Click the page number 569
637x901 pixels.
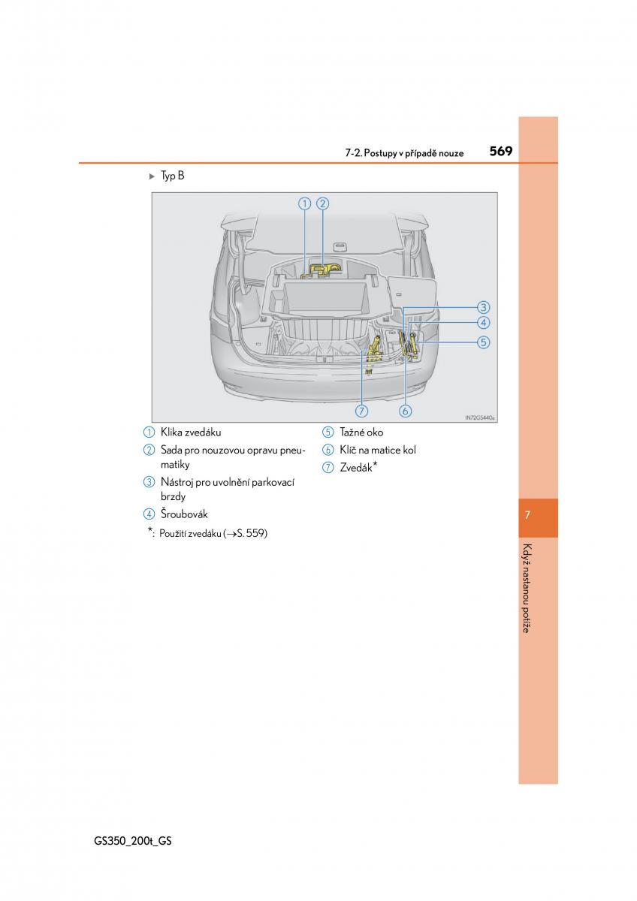[500, 151]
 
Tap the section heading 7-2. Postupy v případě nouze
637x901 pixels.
[404, 153]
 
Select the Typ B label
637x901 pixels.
[172, 176]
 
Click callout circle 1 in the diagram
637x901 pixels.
[304, 203]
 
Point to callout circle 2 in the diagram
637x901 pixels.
[322, 203]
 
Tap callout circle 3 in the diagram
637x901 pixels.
[483, 307]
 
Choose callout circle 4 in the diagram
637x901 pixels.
[483, 323]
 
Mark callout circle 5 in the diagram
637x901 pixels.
[483, 342]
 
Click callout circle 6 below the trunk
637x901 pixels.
[406, 411]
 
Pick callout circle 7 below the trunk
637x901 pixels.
[362, 411]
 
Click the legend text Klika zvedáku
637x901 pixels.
[191, 432]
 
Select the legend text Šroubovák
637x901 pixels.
[184, 514]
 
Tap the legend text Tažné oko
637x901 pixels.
[361, 432]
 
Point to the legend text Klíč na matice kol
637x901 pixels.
[378, 450]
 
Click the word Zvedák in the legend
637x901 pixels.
[356, 468]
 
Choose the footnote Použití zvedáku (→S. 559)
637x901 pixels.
[213, 534]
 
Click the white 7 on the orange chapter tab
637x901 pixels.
[528, 515]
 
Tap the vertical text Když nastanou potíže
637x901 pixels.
[527, 587]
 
